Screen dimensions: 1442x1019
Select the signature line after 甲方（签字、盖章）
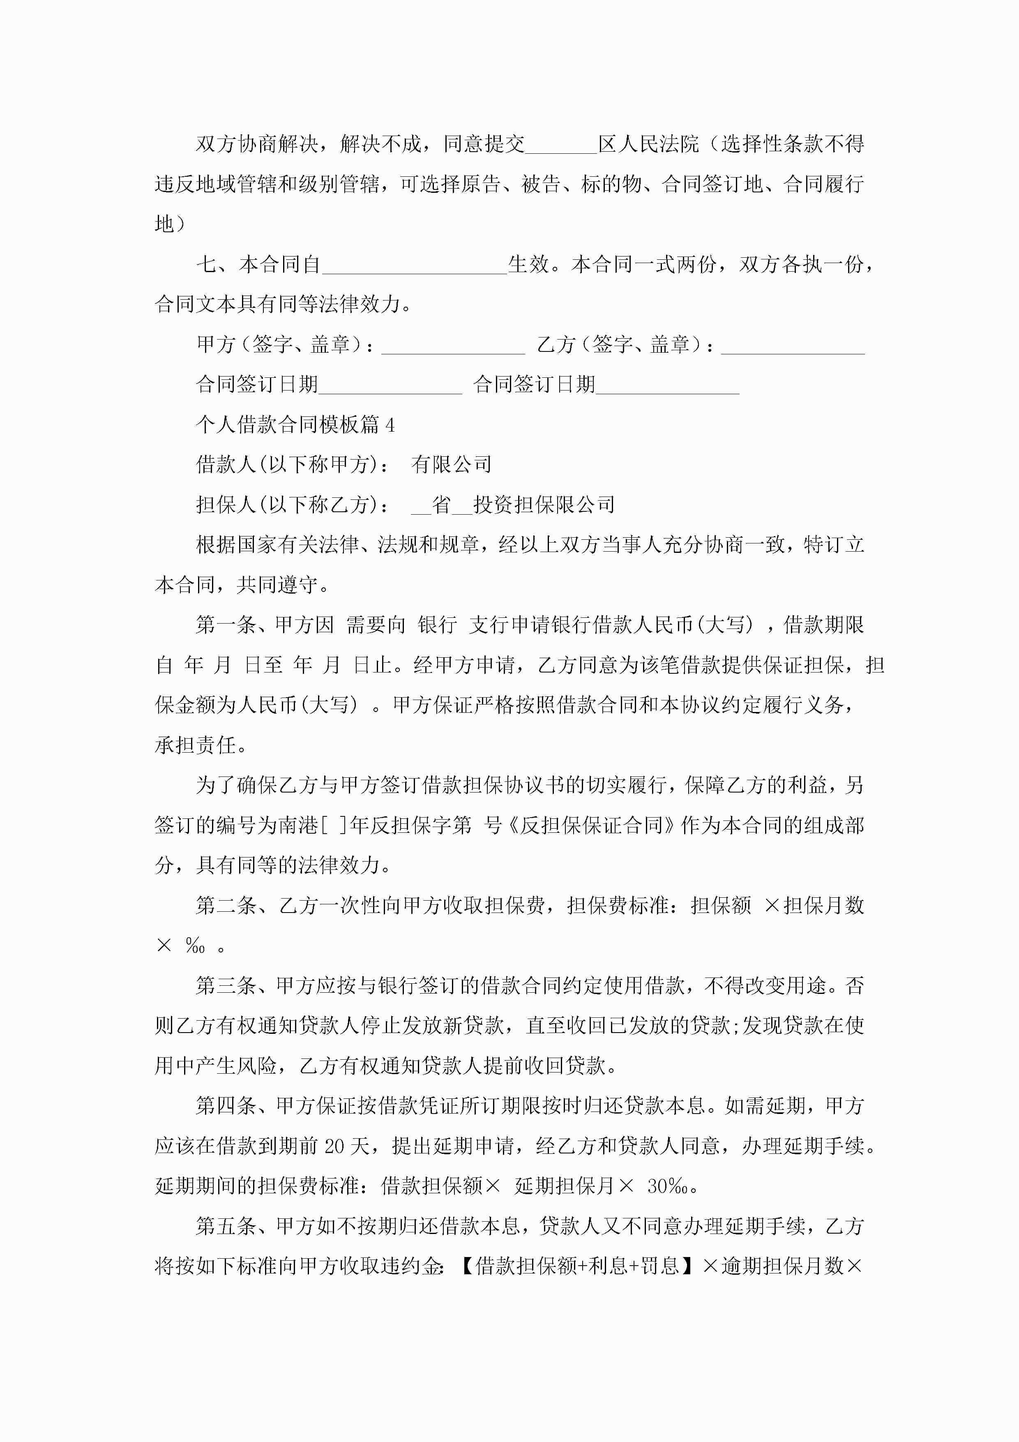click(x=453, y=346)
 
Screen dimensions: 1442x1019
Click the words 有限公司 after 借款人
click(x=451, y=465)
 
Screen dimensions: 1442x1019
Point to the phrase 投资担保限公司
click(x=544, y=505)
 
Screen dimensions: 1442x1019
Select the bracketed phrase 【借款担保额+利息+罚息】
click(x=578, y=1266)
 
